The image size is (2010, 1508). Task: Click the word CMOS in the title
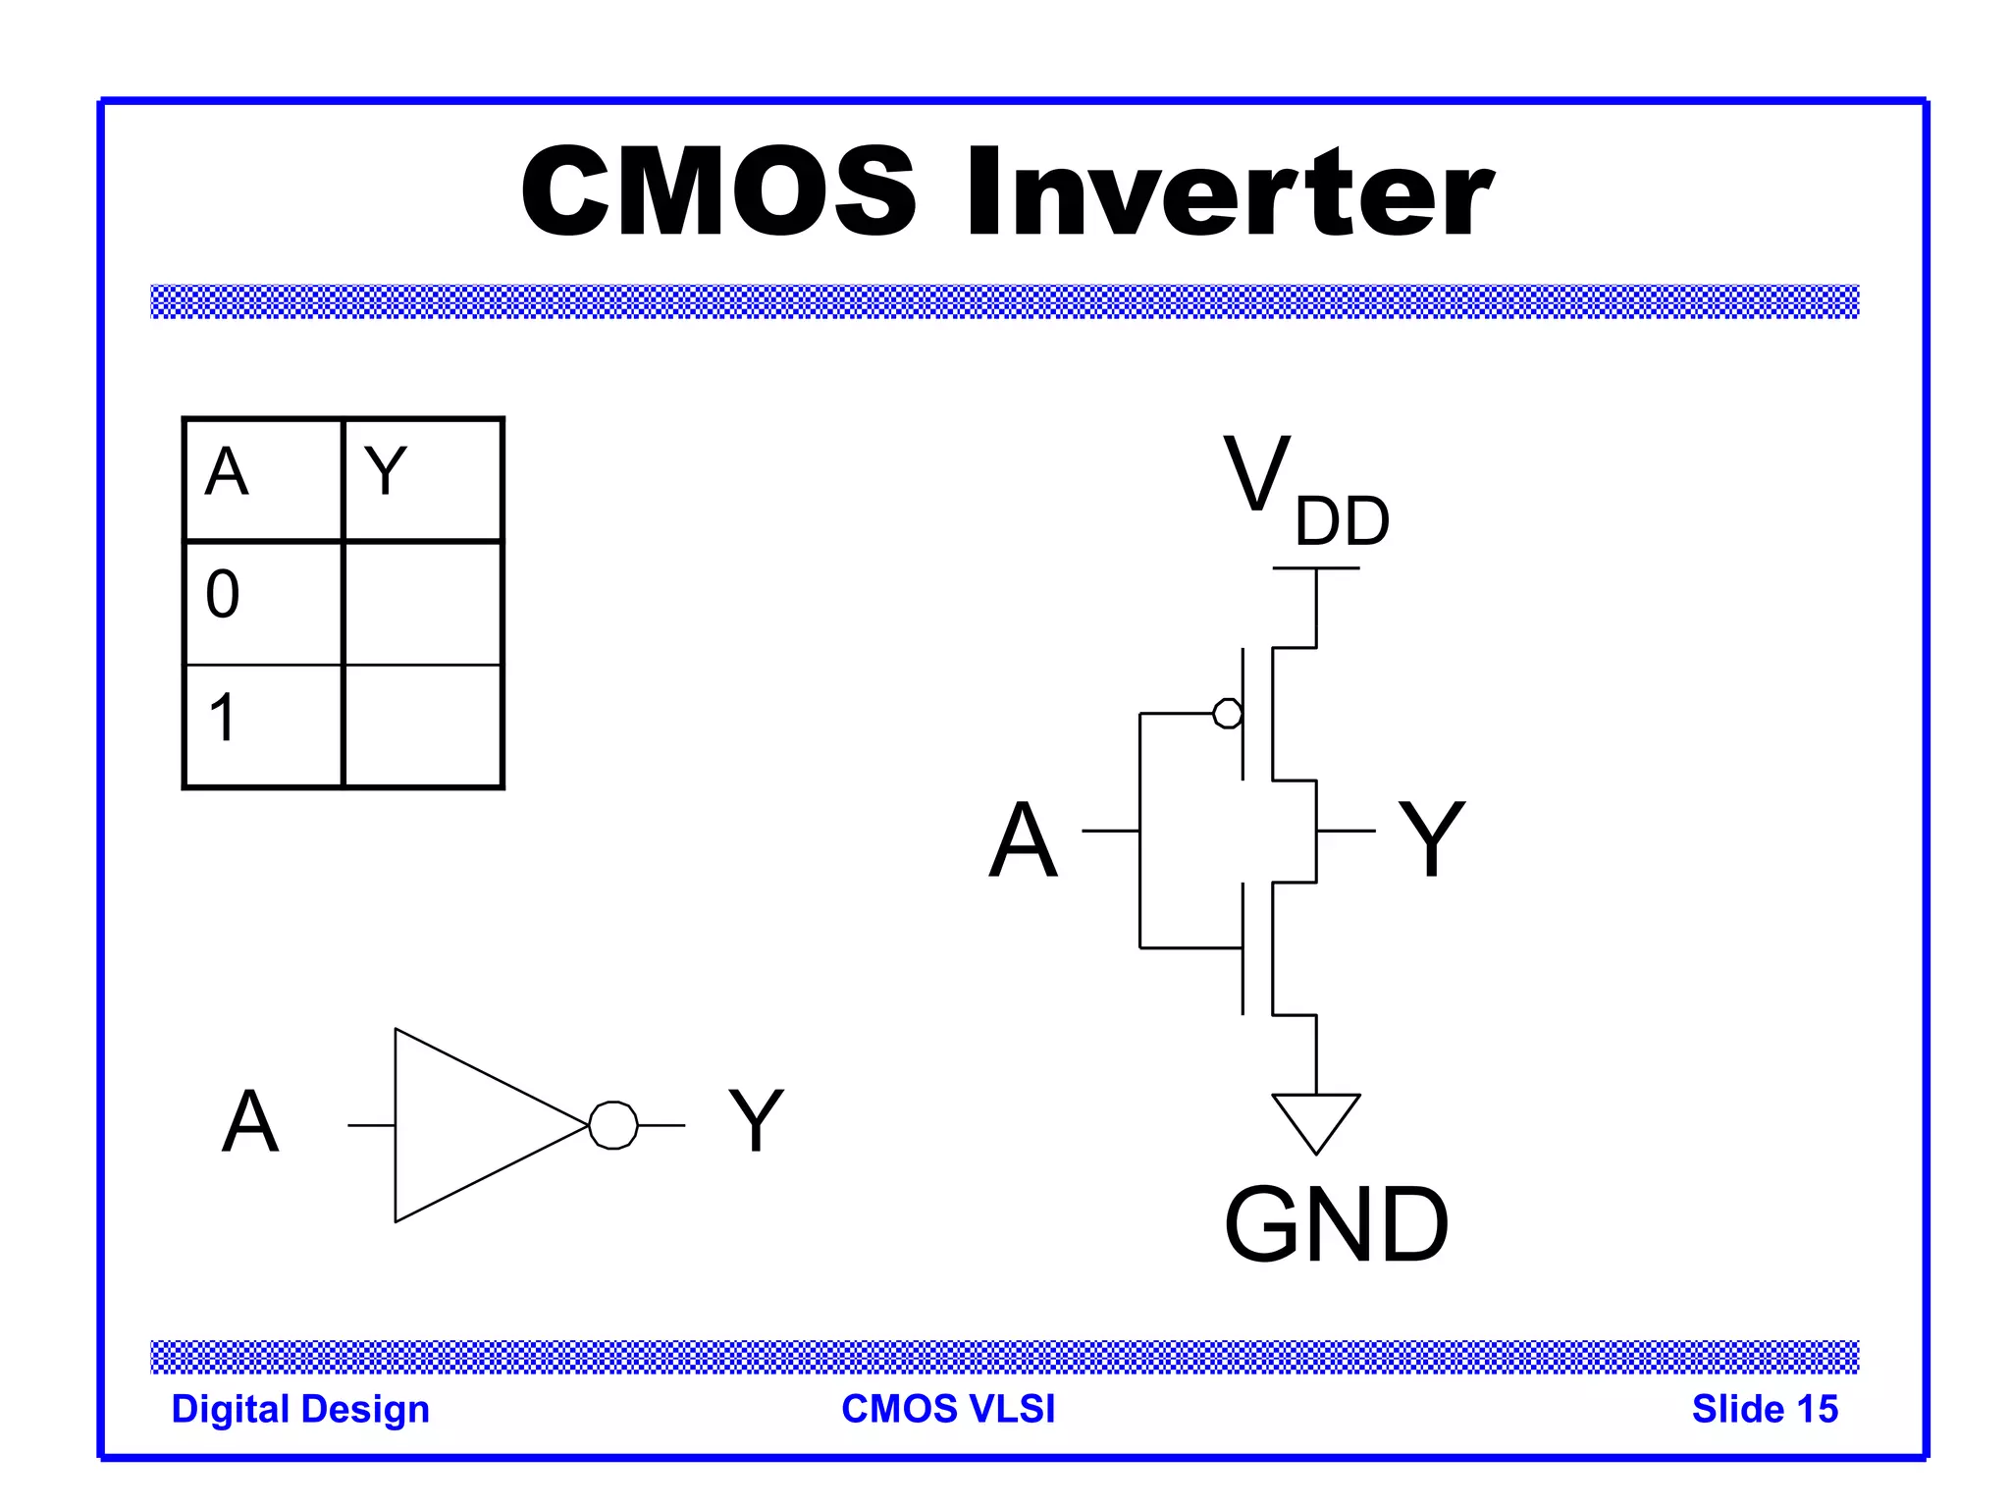[717, 191]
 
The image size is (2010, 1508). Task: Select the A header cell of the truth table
[263, 478]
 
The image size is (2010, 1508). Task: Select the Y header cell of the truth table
[422, 478]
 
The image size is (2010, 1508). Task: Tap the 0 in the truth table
[223, 594]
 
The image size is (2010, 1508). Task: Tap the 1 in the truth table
[223, 717]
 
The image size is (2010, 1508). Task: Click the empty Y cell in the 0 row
[423, 602]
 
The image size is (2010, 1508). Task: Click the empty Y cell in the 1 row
[423, 726]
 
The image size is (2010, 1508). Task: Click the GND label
[1336, 1224]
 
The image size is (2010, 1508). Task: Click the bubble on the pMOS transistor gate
[1227, 713]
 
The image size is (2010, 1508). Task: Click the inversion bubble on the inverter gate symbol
[613, 1124]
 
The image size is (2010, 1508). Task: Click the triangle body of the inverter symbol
[471, 1124]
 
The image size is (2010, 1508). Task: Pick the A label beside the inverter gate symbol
[250, 1121]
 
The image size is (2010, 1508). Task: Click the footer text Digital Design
[300, 1409]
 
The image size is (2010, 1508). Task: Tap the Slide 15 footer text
[1764, 1409]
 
